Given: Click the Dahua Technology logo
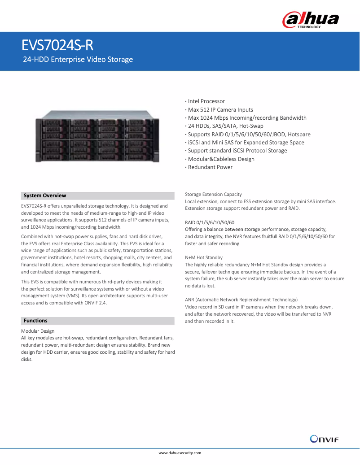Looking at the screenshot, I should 310,20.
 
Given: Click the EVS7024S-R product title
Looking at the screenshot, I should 58,46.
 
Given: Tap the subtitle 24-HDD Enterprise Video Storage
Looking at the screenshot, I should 78,59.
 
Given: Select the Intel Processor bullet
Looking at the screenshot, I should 206,101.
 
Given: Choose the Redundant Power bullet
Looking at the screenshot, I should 210,167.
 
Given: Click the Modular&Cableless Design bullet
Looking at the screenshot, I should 221,159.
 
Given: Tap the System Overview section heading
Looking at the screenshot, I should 45,196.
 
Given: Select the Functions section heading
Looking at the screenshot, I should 35,321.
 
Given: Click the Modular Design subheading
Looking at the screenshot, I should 38,331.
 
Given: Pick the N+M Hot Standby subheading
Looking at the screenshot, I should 204,258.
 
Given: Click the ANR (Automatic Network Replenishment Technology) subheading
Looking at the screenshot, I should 241,300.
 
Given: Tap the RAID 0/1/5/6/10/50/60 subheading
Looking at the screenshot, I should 209,222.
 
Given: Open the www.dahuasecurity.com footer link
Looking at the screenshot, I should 180,453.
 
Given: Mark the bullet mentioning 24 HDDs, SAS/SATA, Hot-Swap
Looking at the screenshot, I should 225,126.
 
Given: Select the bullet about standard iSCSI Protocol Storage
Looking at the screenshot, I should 237,151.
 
